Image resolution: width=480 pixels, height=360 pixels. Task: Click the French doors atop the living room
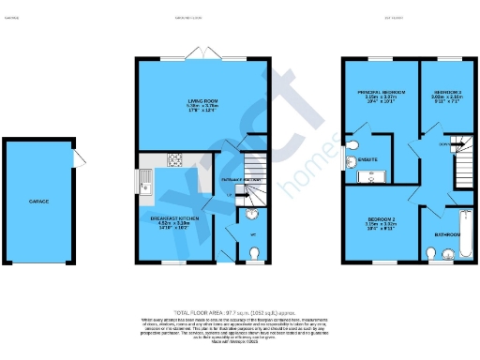(x=202, y=53)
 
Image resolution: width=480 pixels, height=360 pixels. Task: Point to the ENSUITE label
(x=367, y=160)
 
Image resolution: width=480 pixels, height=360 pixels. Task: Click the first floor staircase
(x=457, y=150)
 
